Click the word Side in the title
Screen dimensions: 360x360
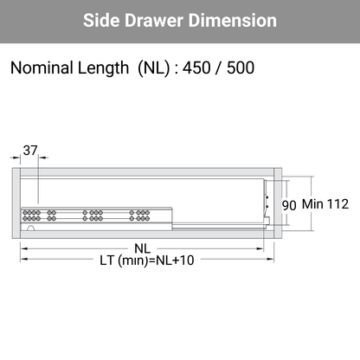[x=101, y=20]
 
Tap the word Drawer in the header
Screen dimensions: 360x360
[x=154, y=20]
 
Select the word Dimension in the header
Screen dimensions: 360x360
[x=233, y=20]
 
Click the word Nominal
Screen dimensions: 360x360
[x=42, y=67]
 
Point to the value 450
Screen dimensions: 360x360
[x=196, y=67]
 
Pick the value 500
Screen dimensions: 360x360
[x=241, y=67]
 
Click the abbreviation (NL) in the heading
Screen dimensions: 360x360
[x=154, y=68]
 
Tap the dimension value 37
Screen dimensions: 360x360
[x=30, y=151]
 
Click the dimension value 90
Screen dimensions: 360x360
[x=289, y=205]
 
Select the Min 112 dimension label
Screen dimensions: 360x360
[x=325, y=204]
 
